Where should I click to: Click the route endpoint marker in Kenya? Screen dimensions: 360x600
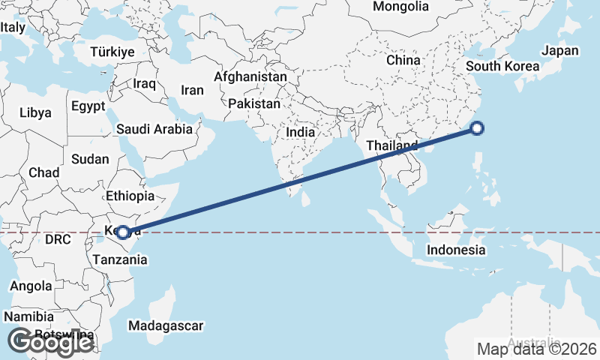[x=122, y=232]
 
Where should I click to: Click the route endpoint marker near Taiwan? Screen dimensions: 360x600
[x=476, y=128]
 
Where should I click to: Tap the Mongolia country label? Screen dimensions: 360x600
[x=400, y=7]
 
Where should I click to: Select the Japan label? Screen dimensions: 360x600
[x=560, y=50]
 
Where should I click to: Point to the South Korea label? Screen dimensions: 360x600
[x=502, y=66]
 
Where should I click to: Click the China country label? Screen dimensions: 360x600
[x=403, y=60]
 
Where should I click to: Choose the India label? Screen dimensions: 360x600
[x=300, y=132]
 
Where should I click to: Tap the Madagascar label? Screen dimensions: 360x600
[x=166, y=326]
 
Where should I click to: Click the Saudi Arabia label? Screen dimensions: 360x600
[x=154, y=129]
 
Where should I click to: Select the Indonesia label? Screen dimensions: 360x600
[x=456, y=250]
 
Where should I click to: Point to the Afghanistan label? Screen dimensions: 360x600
[x=250, y=76]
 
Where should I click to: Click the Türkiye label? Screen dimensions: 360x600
[x=112, y=52]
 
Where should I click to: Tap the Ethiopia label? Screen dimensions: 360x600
[x=130, y=196]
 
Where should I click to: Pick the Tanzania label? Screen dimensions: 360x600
[x=120, y=259]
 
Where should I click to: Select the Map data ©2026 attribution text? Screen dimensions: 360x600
[x=537, y=349]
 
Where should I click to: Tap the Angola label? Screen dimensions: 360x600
[x=31, y=286]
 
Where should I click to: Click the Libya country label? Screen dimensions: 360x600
[x=35, y=113]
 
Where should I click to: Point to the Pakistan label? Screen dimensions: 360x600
[x=254, y=103]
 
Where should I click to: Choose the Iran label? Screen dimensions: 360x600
[x=192, y=90]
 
